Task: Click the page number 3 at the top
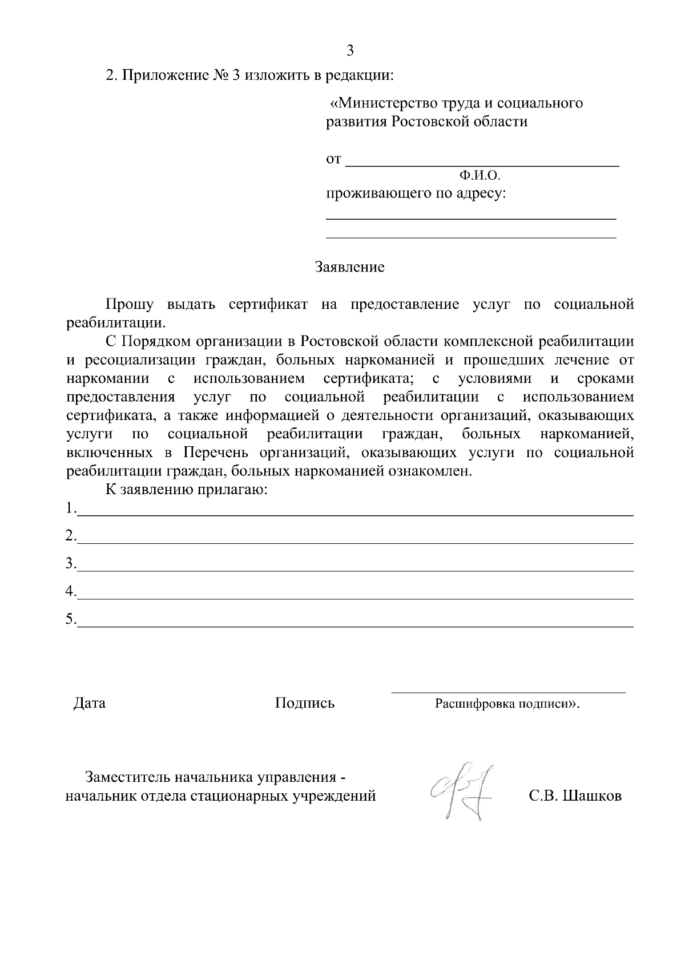click(x=350, y=51)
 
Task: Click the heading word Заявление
click(x=349, y=267)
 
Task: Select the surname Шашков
click(x=592, y=796)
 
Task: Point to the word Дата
click(x=90, y=703)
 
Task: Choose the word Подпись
click(x=305, y=703)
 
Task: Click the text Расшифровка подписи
click(x=504, y=704)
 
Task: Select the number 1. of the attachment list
click(x=71, y=508)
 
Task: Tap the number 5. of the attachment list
click(x=71, y=619)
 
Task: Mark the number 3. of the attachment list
click(x=71, y=564)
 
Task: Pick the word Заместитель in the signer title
click(x=128, y=777)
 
